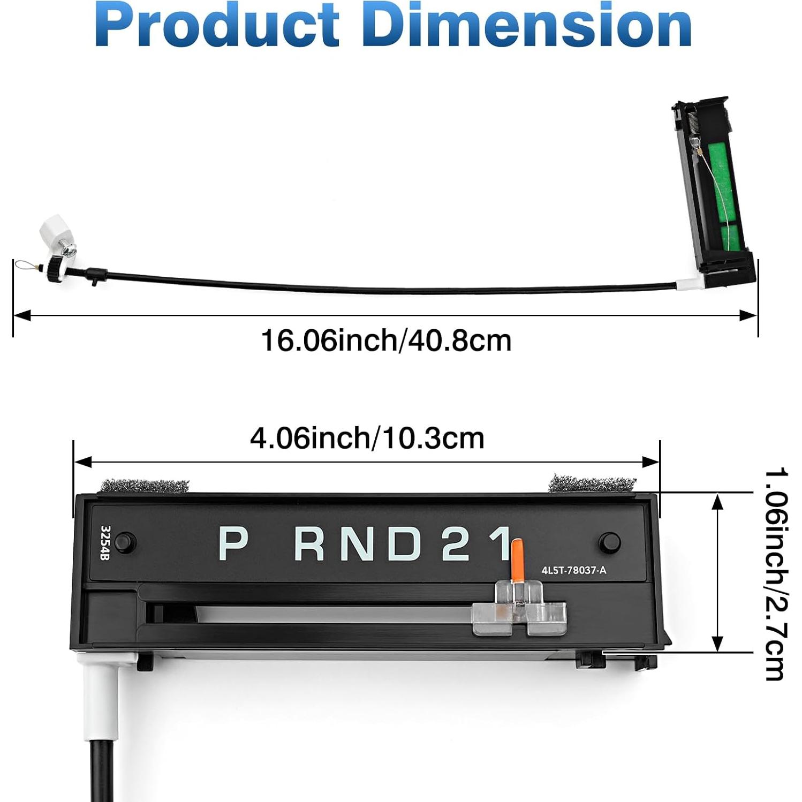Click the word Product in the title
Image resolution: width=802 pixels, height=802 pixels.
pos(217,25)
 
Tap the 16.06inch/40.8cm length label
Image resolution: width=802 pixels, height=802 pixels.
pos(386,341)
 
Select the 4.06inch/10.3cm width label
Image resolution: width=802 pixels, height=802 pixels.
pos(367,438)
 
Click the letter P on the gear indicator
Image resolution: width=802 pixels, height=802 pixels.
pos(233,543)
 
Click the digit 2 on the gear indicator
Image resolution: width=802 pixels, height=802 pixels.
pos(456,543)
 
